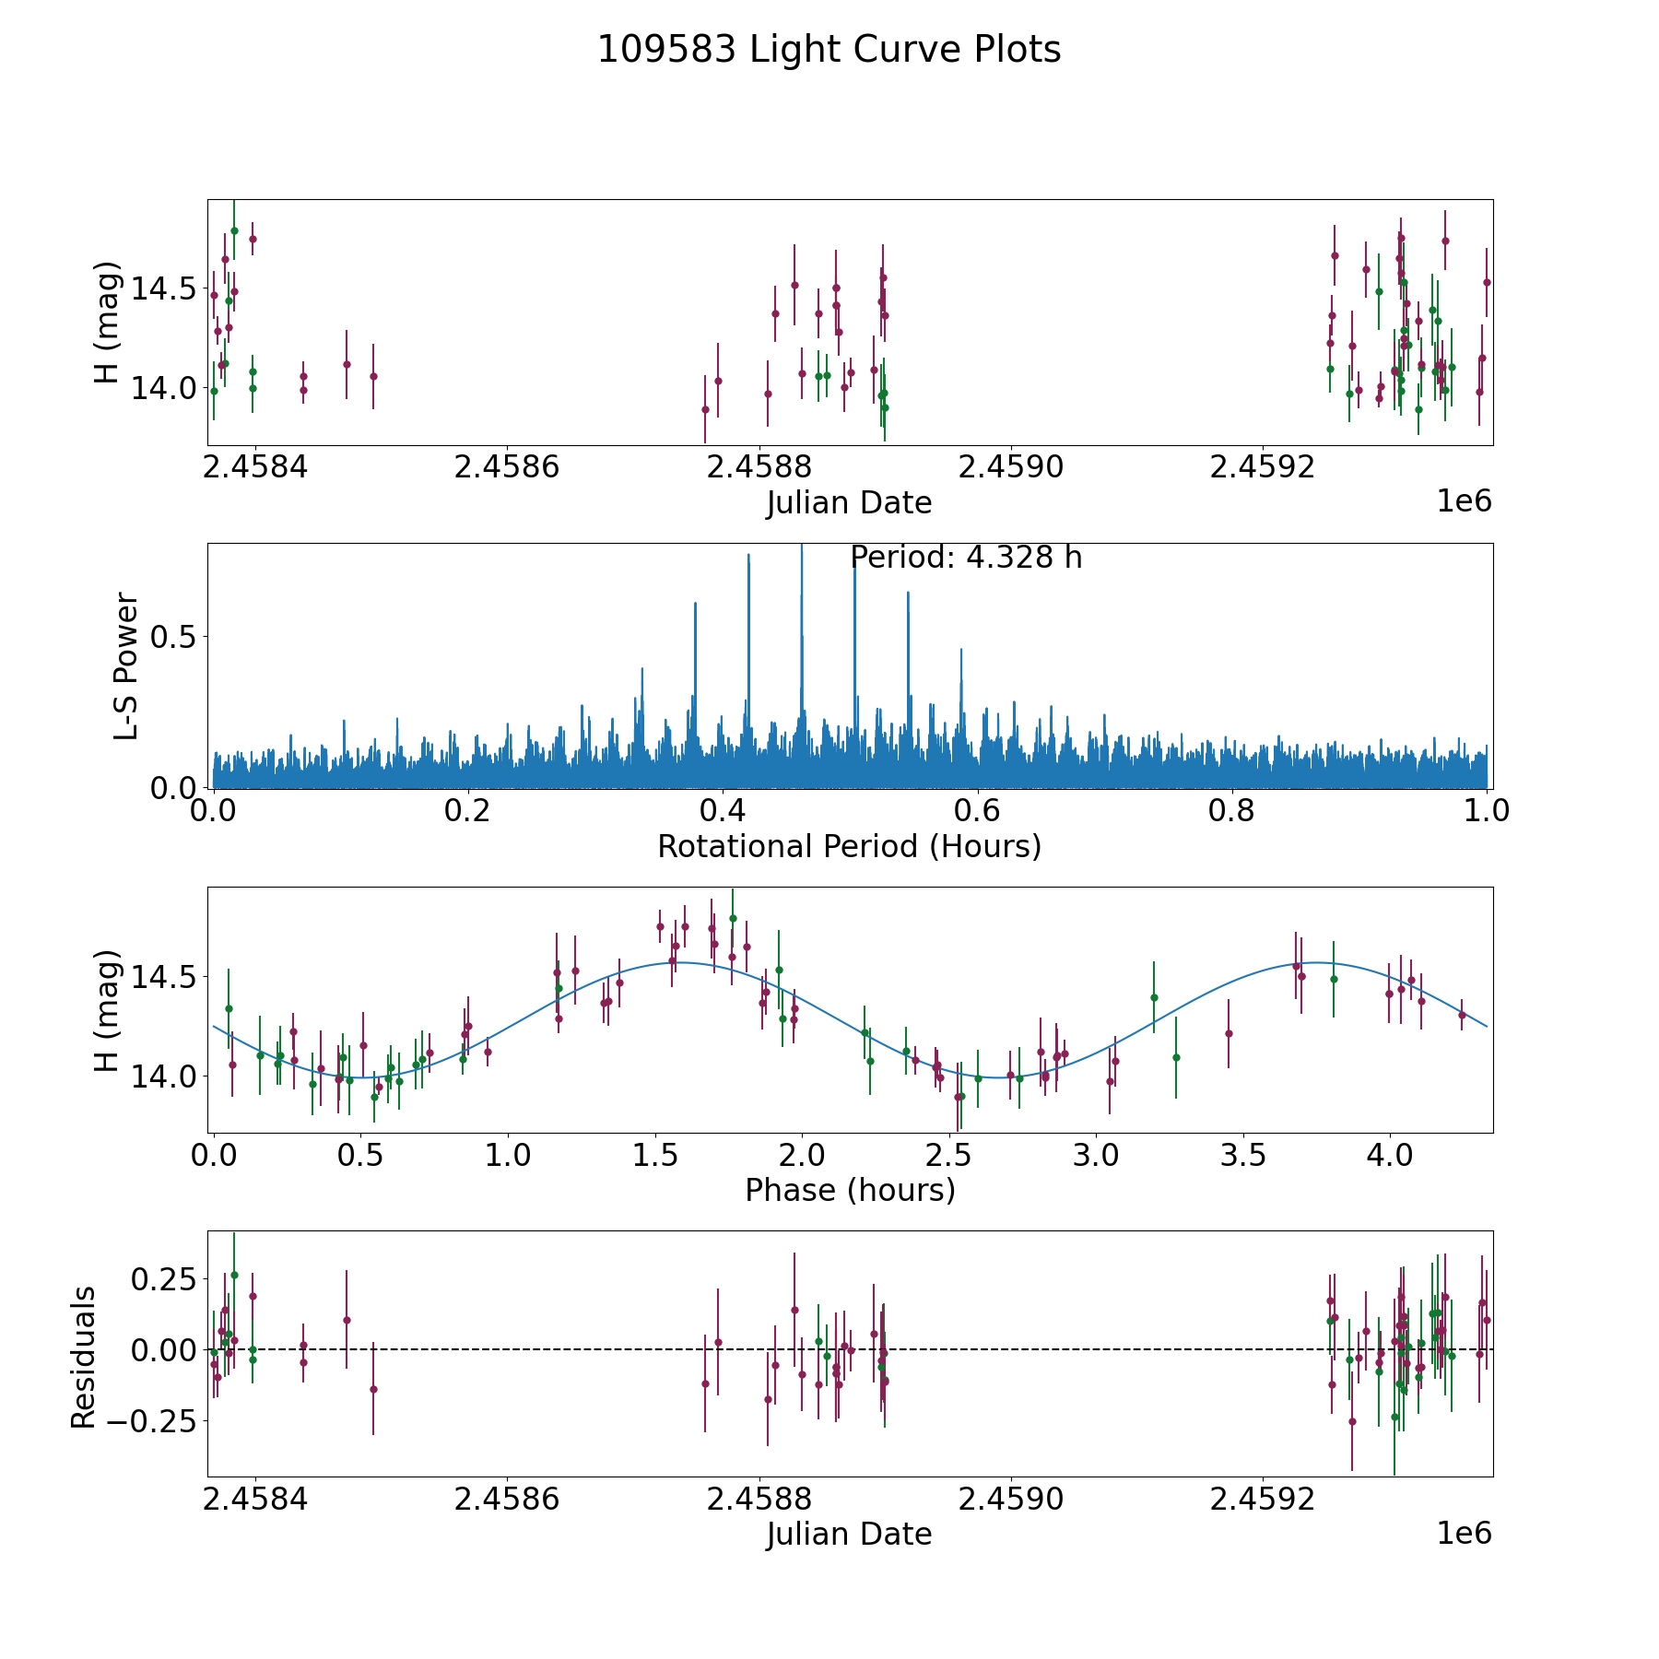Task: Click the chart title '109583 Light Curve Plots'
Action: (x=829, y=50)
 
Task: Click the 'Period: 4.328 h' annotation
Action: (x=966, y=558)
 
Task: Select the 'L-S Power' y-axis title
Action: (x=127, y=665)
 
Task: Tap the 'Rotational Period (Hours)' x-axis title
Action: (x=849, y=846)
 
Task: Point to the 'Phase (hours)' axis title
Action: (x=849, y=1190)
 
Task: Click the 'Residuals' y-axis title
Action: (x=84, y=1357)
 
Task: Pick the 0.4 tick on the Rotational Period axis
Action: (x=723, y=811)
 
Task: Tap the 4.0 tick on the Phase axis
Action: (x=1389, y=1155)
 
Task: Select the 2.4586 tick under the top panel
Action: (x=507, y=467)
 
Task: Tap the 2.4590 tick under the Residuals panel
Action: (x=1011, y=1499)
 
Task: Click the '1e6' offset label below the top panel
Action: (x=1464, y=501)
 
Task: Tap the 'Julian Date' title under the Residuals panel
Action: (x=849, y=1534)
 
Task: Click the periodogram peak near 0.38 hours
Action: (x=695, y=603)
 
